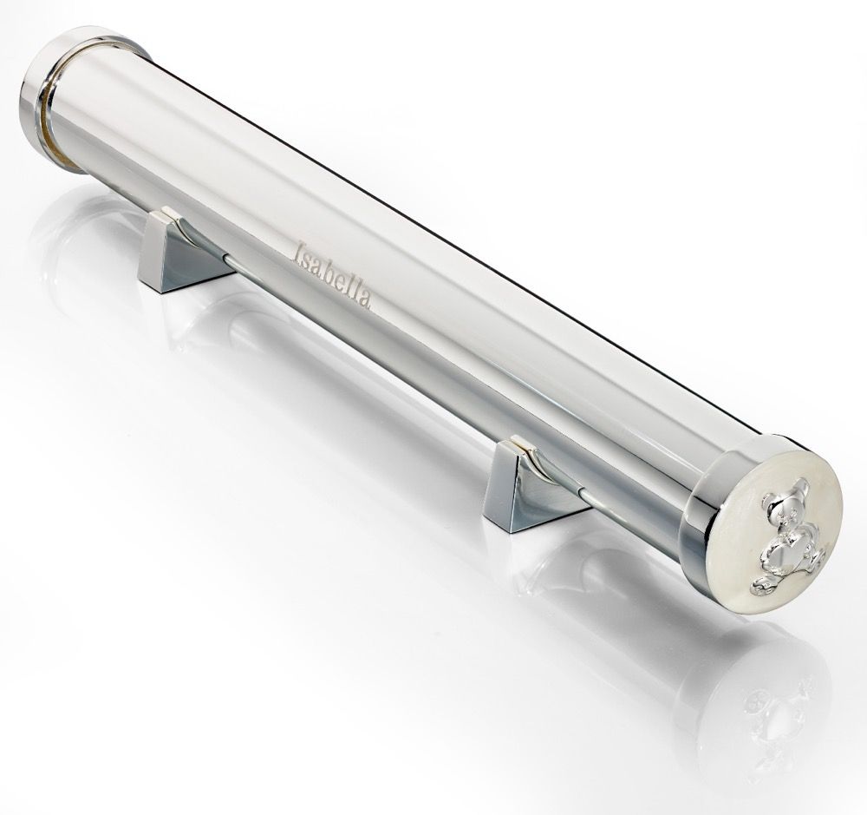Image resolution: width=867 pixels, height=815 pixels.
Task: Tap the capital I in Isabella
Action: [300, 253]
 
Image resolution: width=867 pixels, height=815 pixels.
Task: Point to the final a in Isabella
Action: [364, 299]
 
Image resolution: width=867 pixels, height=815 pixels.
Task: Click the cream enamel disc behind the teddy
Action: [773, 541]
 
